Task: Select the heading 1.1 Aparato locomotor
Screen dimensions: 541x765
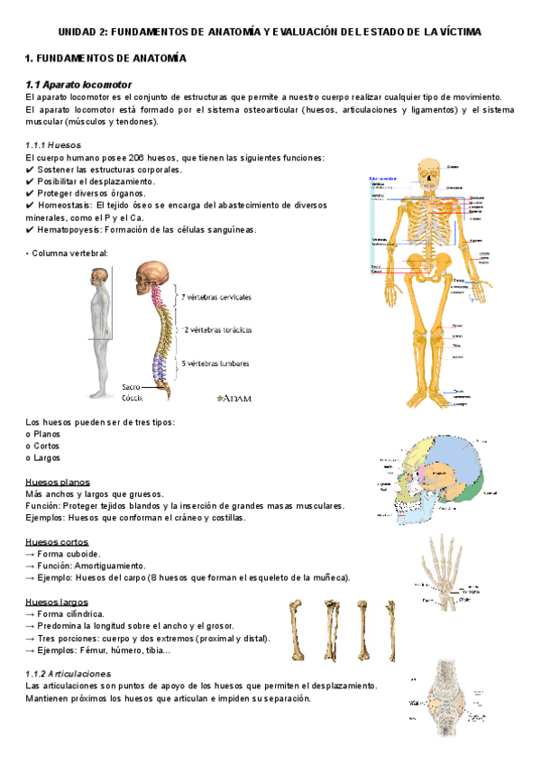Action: [79, 85]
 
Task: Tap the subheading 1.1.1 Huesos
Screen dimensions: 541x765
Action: [54, 144]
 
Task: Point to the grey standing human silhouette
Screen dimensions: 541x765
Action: [99, 330]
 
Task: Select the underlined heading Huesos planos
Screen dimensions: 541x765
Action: [58, 482]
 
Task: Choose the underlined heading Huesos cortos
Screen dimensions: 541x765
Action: [57, 541]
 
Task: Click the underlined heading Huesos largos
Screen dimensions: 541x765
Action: [57, 602]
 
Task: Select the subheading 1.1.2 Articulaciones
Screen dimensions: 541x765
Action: [69, 674]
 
